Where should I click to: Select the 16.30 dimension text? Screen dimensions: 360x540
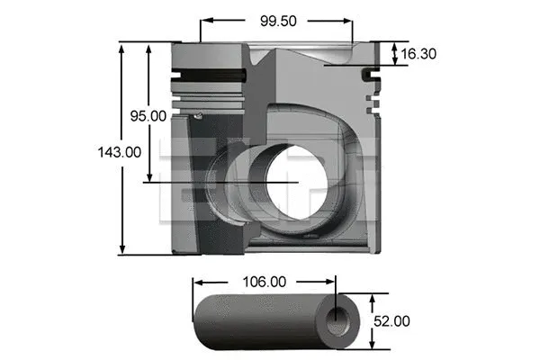coord(418,54)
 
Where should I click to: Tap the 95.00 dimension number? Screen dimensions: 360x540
coord(148,115)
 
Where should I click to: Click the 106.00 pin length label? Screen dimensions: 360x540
coord(265,283)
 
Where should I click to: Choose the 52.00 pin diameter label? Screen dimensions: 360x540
coord(392,320)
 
